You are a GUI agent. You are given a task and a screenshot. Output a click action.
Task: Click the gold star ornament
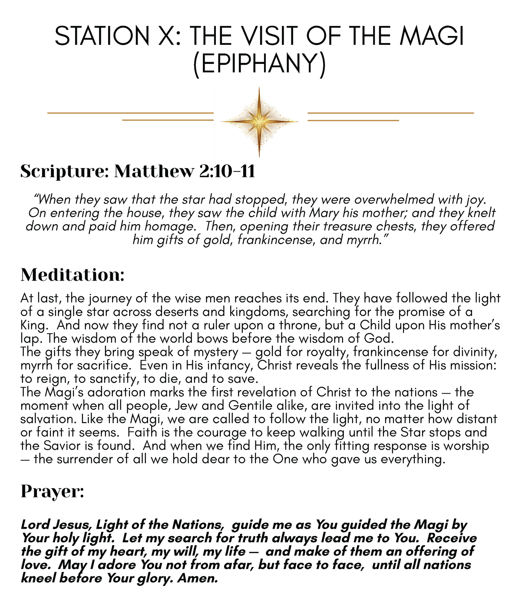[x=259, y=122]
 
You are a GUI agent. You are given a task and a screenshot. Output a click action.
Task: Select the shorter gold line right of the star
[x=353, y=120]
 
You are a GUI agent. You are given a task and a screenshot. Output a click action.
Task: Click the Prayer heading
[x=52, y=491]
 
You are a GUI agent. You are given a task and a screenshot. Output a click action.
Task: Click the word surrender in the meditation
[x=88, y=459]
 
